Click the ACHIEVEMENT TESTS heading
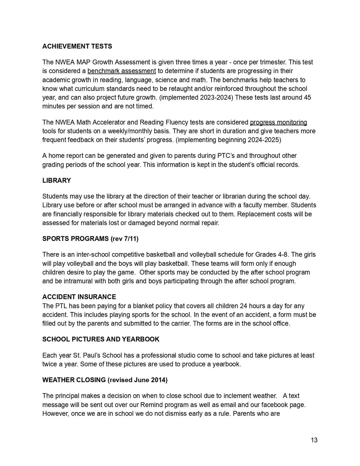pyautogui.click(x=77, y=47)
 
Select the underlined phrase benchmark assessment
pyautogui.click(x=121, y=71)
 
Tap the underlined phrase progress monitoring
pyautogui.click(x=278, y=122)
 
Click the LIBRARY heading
pyautogui.click(x=56, y=180)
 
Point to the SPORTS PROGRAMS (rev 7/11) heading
pyautogui.click(x=90, y=239)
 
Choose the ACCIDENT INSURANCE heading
pyautogui.click(x=79, y=297)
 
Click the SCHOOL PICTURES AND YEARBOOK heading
pyautogui.click(x=101, y=339)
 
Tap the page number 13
pyautogui.click(x=314, y=440)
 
